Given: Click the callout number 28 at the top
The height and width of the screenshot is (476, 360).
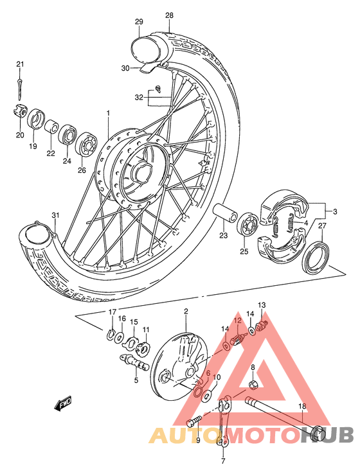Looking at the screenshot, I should (x=169, y=15).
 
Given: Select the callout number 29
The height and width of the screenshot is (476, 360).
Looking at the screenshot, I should (x=138, y=22).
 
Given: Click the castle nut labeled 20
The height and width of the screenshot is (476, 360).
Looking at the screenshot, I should (x=19, y=110).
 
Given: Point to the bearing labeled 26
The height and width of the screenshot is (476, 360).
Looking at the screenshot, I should (x=85, y=145).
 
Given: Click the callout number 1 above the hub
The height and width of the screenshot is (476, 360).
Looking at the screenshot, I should (x=109, y=113).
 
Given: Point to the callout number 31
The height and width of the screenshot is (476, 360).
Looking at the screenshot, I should (x=55, y=215).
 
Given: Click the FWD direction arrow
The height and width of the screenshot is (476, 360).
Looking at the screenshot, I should (x=63, y=404).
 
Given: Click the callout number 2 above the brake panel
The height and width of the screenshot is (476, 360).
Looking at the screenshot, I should (x=186, y=312).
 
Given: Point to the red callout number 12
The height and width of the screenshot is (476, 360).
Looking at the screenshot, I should (x=237, y=321).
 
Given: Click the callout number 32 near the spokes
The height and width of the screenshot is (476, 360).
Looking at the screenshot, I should (x=138, y=98).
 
